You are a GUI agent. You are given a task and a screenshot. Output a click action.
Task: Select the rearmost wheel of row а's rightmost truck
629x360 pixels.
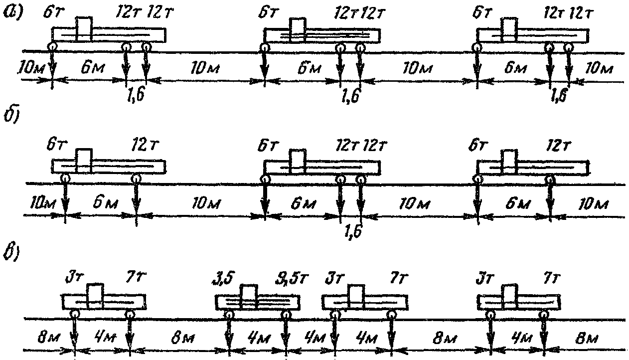[568, 48]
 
